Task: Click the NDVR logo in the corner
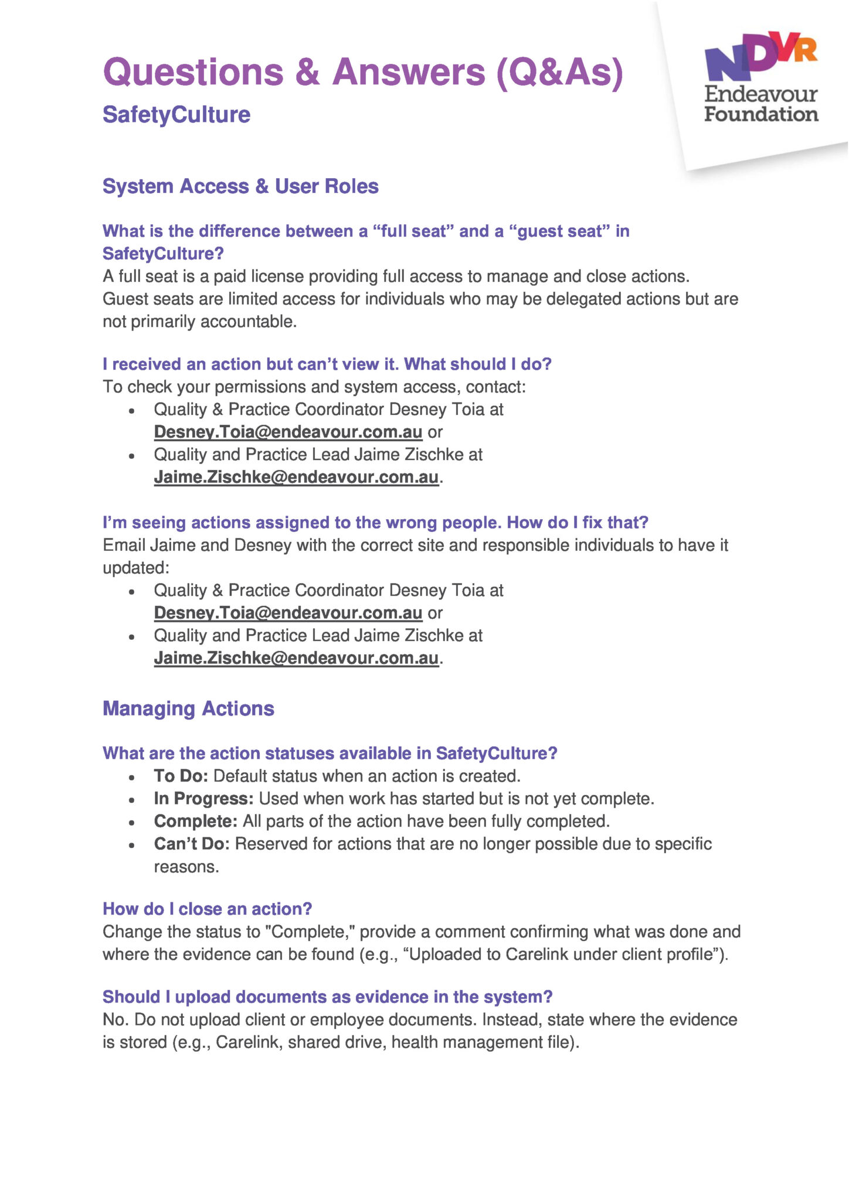760,56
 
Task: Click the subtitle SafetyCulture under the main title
176,114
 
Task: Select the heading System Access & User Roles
240,186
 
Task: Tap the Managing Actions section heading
188,708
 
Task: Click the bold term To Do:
181,776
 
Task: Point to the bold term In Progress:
203,799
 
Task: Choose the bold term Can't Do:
192,844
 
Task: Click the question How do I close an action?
207,909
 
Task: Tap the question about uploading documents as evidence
328,997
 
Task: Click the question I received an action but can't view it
327,364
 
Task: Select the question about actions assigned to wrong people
375,522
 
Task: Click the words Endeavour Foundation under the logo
761,104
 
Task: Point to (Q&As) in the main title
560,73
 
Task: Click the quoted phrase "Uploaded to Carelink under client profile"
563,954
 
